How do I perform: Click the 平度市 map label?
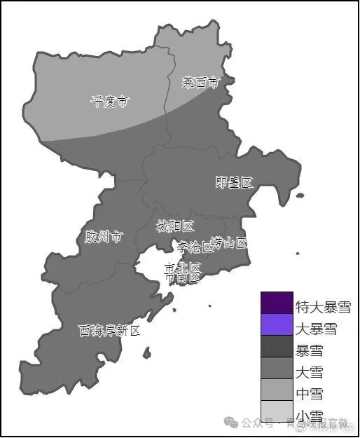110,102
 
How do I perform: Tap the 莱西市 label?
200,83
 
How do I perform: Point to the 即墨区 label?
233,183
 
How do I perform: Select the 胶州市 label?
104,237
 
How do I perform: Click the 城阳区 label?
174,226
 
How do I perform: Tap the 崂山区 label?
229,243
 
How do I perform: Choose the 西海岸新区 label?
109,330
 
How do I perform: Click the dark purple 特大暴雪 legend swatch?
276,303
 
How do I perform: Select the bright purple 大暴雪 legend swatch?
276,324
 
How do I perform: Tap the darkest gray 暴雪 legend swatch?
276,346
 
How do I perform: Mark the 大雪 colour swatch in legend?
276,368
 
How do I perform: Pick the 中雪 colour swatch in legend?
276,390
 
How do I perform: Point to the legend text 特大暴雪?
323,307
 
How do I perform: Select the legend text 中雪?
309,393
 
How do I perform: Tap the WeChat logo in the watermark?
230,423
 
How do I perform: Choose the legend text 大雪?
309,371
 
